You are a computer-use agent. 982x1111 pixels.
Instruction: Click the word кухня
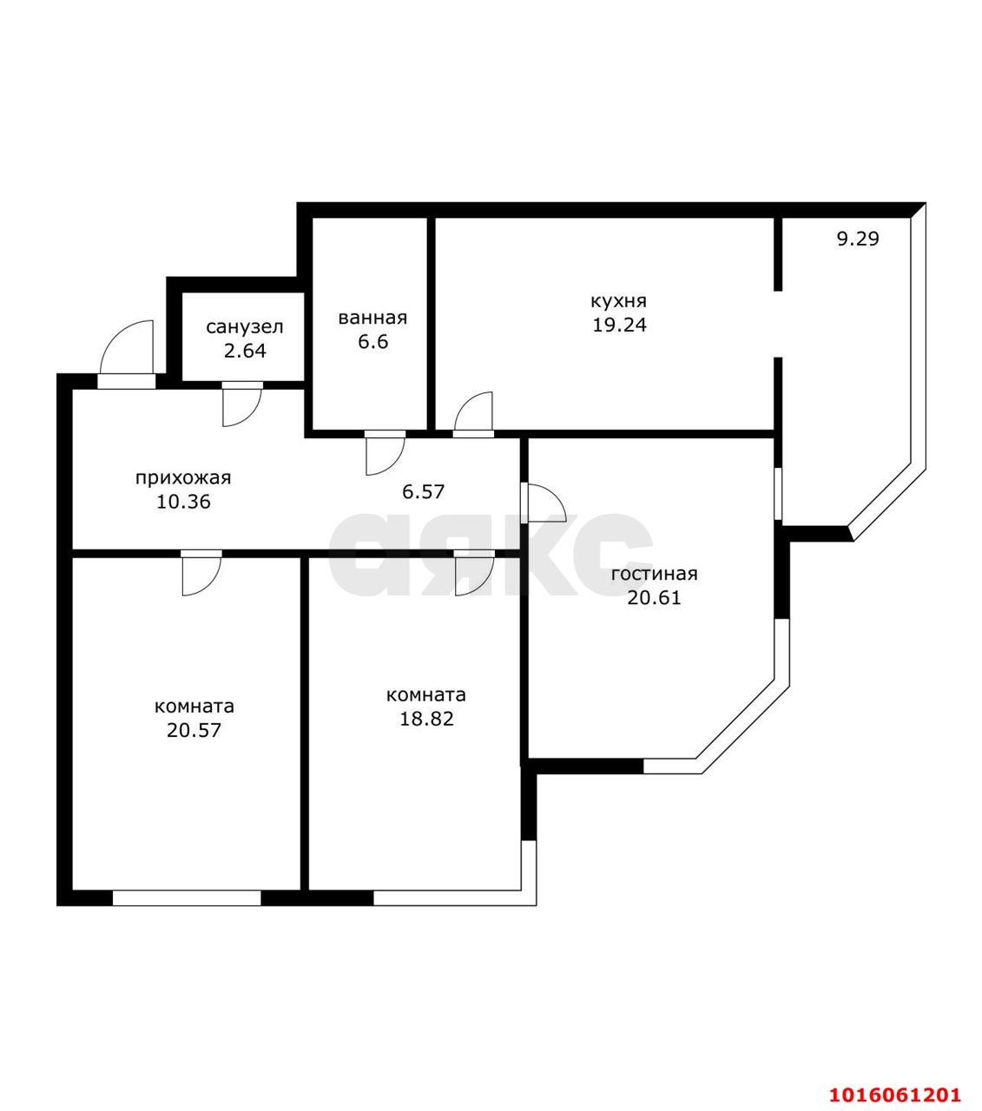618,301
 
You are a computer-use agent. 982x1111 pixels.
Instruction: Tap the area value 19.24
619,325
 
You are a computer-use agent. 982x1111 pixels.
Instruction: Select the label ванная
372,318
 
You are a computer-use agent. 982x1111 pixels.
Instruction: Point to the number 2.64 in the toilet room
245,351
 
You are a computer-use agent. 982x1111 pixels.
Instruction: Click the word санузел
245,327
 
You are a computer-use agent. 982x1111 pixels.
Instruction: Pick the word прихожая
183,478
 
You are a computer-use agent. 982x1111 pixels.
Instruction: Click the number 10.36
183,502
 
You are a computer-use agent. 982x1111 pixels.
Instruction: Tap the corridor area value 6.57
423,491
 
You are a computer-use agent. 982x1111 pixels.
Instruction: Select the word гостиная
654,574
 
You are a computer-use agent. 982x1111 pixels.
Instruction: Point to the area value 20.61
654,598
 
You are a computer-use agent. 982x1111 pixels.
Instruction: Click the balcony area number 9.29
858,239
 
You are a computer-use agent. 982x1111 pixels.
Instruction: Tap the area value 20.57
194,731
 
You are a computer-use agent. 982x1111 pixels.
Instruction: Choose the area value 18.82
426,719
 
